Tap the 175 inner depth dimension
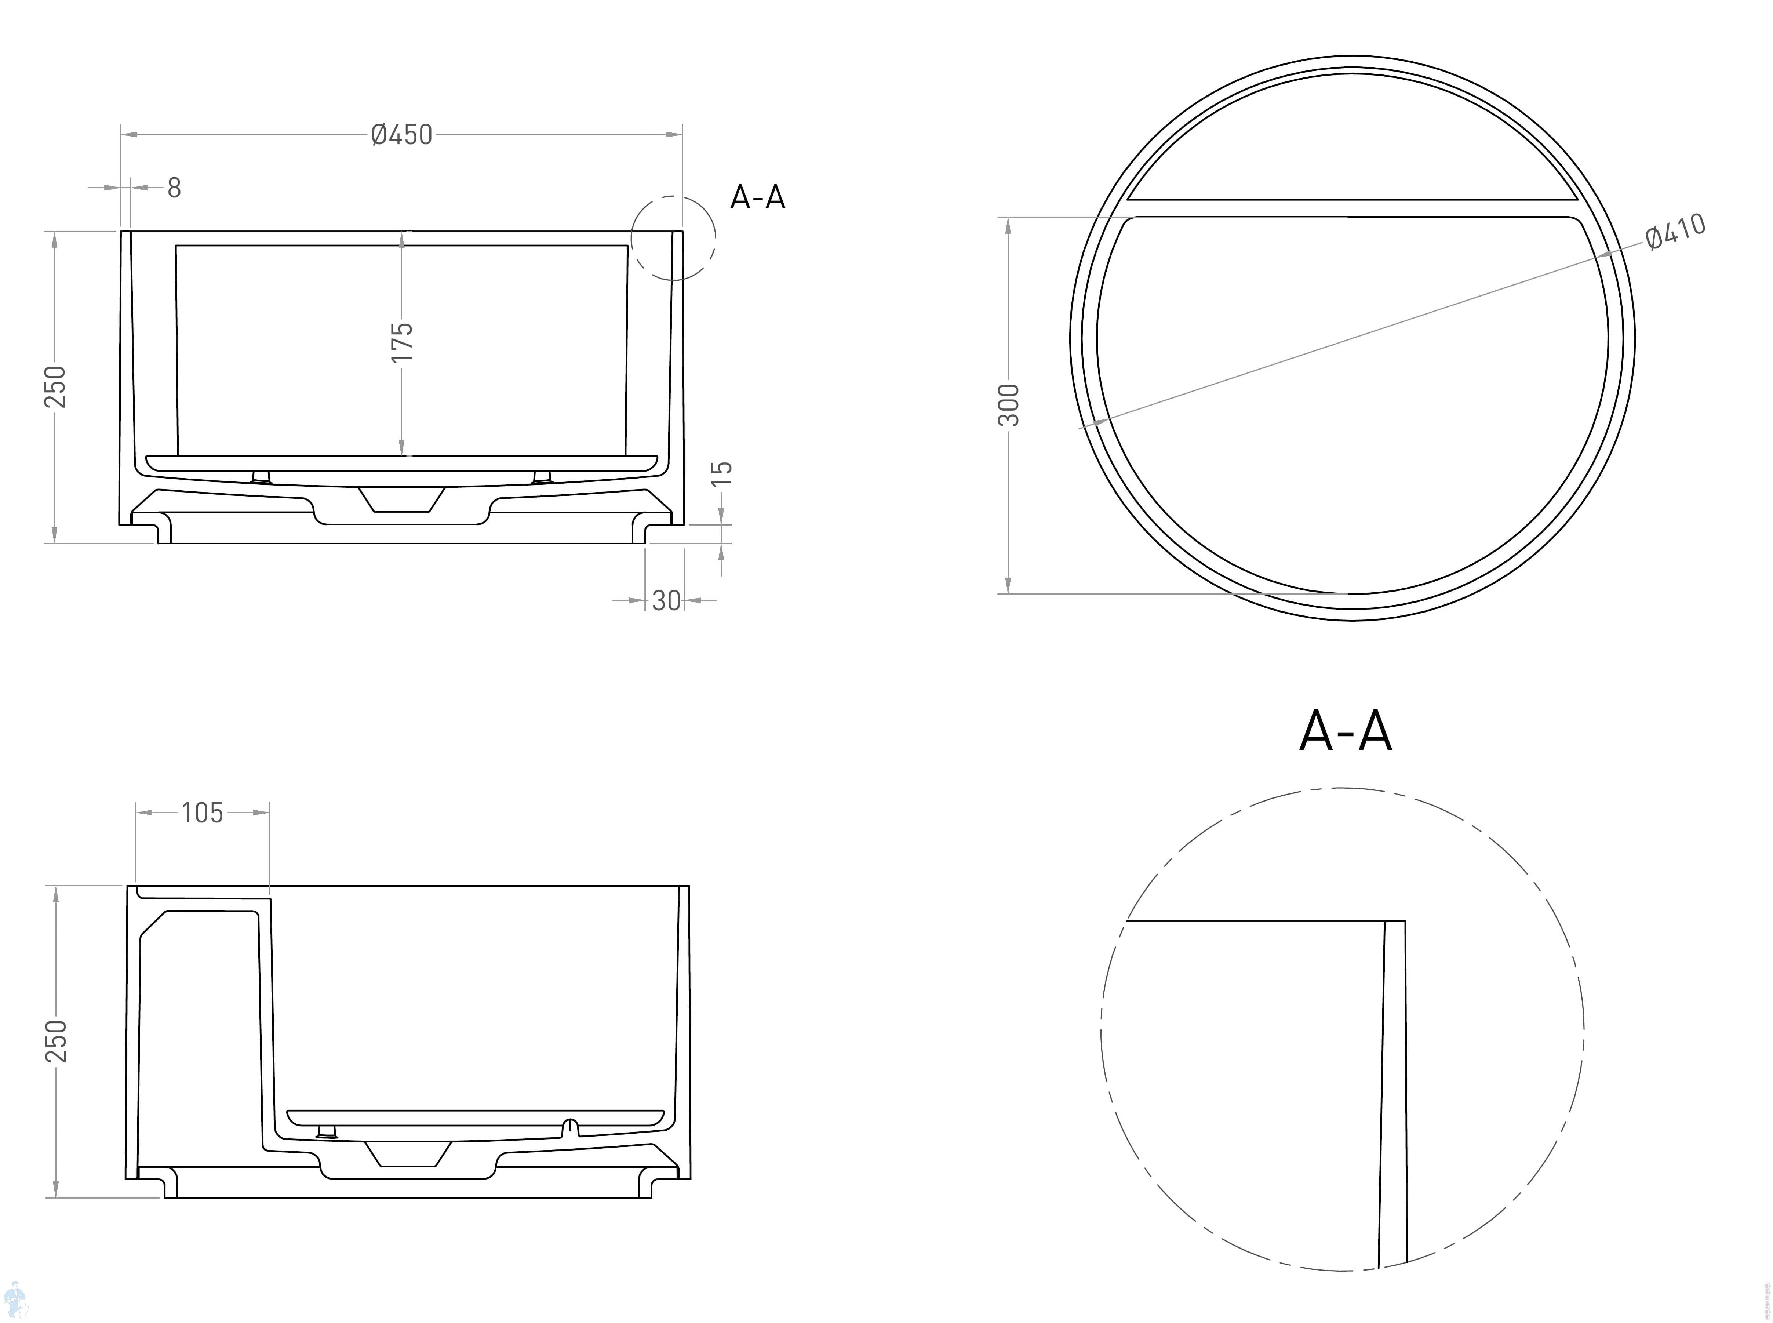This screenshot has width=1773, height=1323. [x=402, y=342]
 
